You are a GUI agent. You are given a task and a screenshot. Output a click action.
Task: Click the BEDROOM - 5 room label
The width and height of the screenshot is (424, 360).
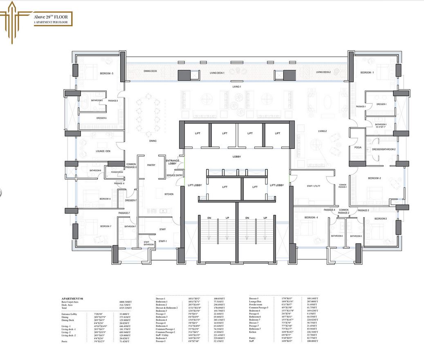(x=106, y=74)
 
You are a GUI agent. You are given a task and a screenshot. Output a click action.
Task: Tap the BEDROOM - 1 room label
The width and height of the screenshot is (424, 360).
(x=366, y=72)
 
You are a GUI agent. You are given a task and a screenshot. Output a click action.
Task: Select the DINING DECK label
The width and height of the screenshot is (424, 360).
(x=150, y=71)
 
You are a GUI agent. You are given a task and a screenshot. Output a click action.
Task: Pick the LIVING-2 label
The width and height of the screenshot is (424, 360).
(x=323, y=131)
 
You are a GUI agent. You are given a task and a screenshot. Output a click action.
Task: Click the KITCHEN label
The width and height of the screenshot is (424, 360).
(x=169, y=194)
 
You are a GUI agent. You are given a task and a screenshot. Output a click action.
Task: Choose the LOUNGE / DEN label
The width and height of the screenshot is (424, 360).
(x=103, y=151)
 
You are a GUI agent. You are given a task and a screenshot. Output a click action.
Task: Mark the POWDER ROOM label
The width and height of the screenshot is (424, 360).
(x=117, y=172)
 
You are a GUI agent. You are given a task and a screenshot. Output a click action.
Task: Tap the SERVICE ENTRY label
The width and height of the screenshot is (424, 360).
(x=175, y=175)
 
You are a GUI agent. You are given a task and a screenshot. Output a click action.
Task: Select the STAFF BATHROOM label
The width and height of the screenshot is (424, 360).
(x=149, y=243)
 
